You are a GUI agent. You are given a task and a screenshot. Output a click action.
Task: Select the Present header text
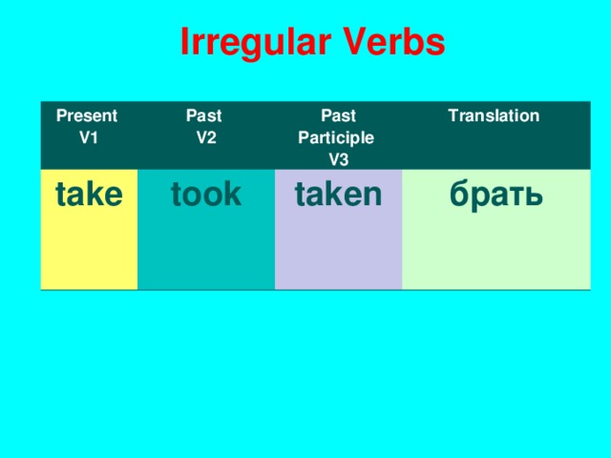pyautogui.click(x=87, y=116)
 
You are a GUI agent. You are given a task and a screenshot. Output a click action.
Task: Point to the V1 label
pyautogui.click(x=89, y=136)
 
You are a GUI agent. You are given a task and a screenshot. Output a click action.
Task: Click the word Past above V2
pyautogui.click(x=203, y=116)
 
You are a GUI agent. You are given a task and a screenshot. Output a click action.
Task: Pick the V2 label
pyautogui.click(x=205, y=136)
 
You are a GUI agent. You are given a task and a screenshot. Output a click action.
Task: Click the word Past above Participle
pyautogui.click(x=338, y=116)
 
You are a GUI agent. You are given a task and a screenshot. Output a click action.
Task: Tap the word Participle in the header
pyautogui.click(x=336, y=137)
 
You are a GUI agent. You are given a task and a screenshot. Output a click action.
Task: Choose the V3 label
pyautogui.click(x=338, y=158)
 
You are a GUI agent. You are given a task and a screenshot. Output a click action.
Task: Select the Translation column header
pyautogui.click(x=493, y=116)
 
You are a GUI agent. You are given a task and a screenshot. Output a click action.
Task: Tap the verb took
pyautogui.click(x=205, y=195)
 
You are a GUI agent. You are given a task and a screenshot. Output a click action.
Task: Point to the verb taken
pyautogui.click(x=338, y=195)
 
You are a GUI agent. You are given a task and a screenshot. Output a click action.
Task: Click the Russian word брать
pyautogui.click(x=496, y=195)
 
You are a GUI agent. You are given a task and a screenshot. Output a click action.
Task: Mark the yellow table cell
pyautogui.click(x=89, y=248)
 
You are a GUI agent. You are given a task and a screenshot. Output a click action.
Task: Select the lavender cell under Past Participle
pyautogui.click(x=338, y=248)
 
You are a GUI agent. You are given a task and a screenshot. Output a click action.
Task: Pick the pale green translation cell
pyautogui.click(x=496, y=248)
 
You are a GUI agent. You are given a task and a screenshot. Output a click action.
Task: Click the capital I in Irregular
pyautogui.click(x=186, y=42)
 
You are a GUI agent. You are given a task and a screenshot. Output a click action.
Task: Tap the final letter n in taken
pyautogui.click(x=373, y=197)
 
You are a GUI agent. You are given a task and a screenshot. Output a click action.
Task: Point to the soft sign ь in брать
pyautogui.click(x=535, y=197)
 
